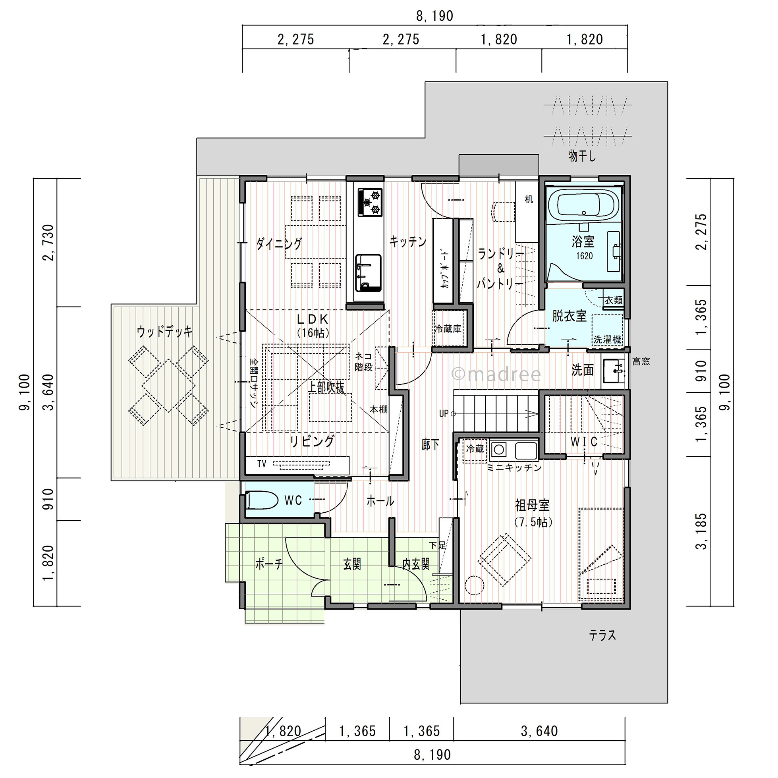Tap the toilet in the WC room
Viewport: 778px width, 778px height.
point(261,500)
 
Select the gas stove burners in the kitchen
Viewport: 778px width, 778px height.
point(370,203)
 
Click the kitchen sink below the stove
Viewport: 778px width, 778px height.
point(368,272)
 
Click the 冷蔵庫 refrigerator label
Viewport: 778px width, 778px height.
point(448,329)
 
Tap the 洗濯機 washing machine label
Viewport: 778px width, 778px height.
point(607,340)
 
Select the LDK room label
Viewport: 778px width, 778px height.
point(313,319)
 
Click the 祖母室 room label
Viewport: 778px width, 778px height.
point(532,505)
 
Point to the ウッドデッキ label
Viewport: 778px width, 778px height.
point(164,332)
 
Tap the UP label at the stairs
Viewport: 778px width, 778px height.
point(443,413)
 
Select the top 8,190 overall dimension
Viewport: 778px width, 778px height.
point(434,16)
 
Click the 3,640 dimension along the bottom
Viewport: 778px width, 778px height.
point(539,731)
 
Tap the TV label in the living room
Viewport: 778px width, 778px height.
point(262,464)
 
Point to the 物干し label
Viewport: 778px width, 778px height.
point(582,156)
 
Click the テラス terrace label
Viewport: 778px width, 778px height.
point(602,635)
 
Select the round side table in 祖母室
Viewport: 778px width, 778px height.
point(474,585)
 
